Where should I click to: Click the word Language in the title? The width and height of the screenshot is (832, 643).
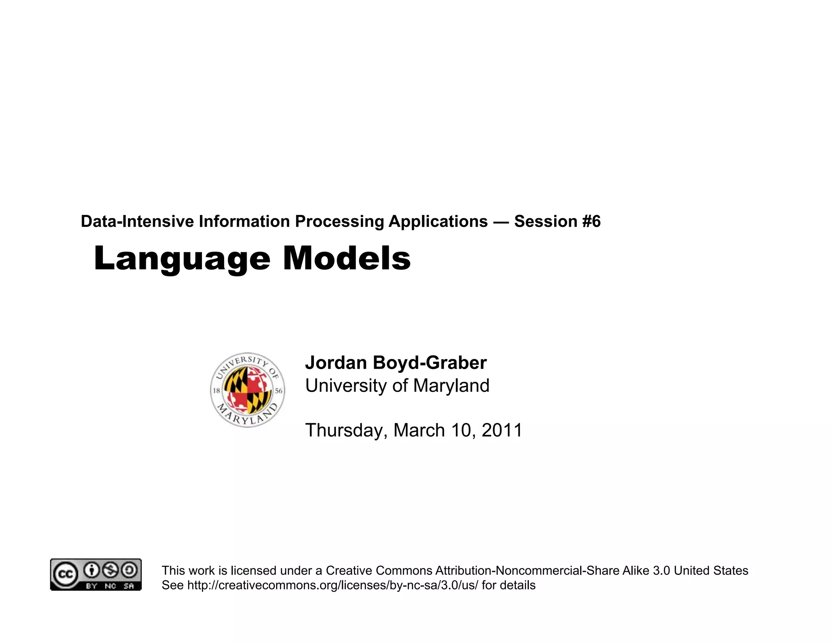tap(182, 259)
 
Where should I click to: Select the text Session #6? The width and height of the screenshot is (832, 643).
tap(557, 222)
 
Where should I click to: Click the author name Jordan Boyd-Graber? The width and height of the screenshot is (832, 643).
tap(396, 363)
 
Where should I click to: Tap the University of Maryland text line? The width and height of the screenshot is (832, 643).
tap(397, 385)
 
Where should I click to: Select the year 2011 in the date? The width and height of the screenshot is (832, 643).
tap(502, 430)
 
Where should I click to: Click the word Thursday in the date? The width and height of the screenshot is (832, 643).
tap(346, 430)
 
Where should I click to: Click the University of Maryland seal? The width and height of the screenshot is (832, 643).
tap(247, 390)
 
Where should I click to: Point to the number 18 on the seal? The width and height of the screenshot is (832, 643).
tap(217, 391)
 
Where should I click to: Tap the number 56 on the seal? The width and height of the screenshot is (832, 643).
tap(279, 391)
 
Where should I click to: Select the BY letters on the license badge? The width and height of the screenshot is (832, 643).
tap(91, 586)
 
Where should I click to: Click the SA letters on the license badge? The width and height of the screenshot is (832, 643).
tap(129, 586)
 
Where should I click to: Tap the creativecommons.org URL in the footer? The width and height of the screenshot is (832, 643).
tap(333, 585)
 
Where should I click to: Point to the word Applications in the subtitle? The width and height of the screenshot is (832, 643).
tap(438, 222)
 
